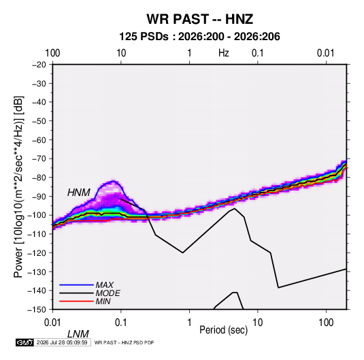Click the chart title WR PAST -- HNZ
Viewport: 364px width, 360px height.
[199, 19]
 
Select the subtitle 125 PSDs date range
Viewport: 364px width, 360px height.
[199, 37]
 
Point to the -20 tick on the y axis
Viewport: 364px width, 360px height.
[39, 65]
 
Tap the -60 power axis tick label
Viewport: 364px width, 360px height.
[39, 140]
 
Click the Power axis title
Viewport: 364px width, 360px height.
[18, 186]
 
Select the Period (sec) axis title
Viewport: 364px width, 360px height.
[224, 330]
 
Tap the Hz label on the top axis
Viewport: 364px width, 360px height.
[224, 53]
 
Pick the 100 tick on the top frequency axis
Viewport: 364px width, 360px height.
[52, 53]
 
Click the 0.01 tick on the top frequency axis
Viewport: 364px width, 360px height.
[326, 53]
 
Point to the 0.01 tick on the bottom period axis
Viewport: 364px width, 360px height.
[52, 323]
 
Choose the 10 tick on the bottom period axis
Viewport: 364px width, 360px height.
[257, 323]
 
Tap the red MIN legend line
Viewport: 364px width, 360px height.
[76, 301]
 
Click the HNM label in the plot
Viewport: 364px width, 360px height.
[79, 193]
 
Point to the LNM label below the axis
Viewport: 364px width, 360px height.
[78, 334]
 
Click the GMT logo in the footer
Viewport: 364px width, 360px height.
[24, 342]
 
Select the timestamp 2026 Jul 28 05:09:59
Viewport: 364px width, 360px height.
[62, 342]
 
